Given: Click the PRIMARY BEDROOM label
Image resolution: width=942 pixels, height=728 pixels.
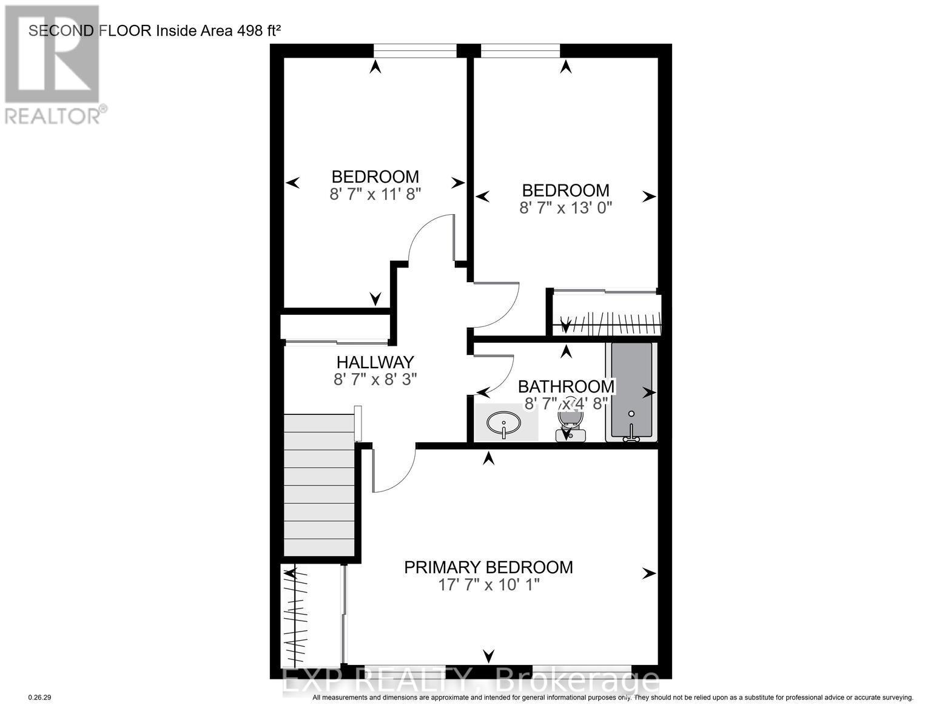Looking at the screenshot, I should (x=488, y=567).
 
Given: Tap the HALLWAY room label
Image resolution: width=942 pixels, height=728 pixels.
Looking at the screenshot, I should (x=375, y=362).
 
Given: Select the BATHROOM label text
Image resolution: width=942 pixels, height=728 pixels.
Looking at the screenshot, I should (x=565, y=386).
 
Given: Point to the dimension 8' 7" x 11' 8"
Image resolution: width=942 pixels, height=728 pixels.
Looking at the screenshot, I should (x=375, y=194).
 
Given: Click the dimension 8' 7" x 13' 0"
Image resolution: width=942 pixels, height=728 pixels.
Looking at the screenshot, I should (x=565, y=208).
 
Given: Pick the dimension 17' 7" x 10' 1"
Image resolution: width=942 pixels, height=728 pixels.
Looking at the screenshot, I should (x=488, y=585).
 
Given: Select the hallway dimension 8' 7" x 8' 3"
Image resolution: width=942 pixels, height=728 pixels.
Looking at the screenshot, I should (x=375, y=379).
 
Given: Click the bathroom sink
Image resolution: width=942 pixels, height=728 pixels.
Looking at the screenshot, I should (x=503, y=423).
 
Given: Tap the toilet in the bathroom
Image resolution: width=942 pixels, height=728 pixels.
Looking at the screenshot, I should (x=570, y=425).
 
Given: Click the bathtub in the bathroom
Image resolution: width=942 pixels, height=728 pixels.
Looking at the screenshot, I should (x=631, y=391).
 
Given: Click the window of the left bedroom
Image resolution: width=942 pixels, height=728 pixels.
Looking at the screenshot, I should (x=415, y=51).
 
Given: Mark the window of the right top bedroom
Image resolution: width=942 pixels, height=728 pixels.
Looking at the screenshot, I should (x=520, y=51).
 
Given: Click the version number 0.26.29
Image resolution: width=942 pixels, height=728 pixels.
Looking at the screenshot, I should (x=41, y=698).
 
